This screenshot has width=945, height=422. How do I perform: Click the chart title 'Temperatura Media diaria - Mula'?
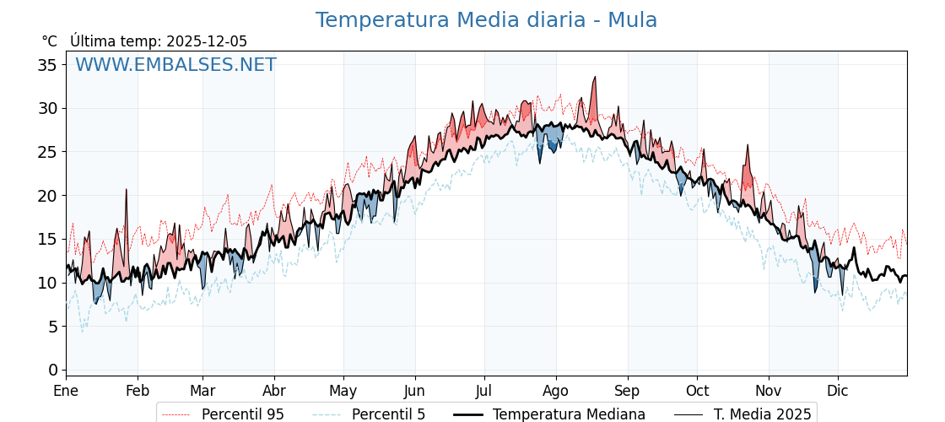tap(486, 20)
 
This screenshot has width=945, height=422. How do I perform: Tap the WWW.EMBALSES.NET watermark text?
tap(175, 65)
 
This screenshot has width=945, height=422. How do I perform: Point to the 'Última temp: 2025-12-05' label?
tap(159, 41)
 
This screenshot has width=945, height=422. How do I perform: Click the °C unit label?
tap(50, 41)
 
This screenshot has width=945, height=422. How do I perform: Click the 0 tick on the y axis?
tap(53, 370)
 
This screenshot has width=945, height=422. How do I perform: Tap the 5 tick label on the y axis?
tap(53, 327)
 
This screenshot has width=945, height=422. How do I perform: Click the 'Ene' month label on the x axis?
tap(66, 391)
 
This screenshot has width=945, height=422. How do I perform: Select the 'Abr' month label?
tap(274, 391)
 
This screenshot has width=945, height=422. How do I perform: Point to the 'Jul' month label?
tap(484, 391)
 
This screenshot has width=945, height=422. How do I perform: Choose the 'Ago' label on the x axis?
tap(556, 391)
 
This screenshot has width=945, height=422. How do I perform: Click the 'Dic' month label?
tap(838, 391)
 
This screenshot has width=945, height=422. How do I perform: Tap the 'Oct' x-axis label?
tap(697, 391)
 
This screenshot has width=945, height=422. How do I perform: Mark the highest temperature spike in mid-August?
tap(595, 78)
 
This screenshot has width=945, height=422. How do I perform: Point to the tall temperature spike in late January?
tap(127, 190)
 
